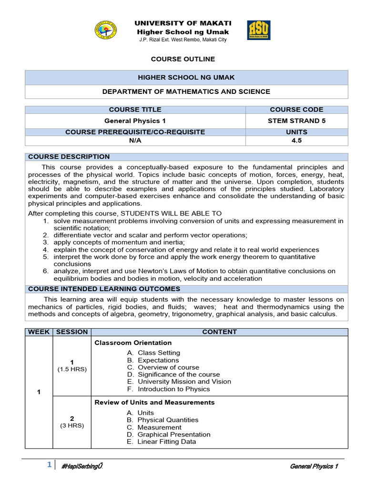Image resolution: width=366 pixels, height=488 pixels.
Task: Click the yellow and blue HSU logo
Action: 259,30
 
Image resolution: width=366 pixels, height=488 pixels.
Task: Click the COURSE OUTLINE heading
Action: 183,59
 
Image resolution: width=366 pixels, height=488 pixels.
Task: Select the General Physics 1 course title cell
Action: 135,121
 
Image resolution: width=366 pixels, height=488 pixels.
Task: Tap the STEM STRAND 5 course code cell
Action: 296,121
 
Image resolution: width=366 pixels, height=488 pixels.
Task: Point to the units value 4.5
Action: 296,141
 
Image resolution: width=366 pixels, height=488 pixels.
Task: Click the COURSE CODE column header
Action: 296,110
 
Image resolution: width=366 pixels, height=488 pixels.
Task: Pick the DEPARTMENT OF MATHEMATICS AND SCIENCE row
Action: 186,91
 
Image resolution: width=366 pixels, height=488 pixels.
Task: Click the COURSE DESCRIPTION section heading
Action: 69,157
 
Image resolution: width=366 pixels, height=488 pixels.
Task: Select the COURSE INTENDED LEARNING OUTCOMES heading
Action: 104,289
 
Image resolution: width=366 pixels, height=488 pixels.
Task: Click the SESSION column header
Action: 72,332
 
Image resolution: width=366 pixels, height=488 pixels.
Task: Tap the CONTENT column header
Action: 219,332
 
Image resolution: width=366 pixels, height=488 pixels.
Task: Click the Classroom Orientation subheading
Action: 133,343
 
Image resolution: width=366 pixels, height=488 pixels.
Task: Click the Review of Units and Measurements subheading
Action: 154,403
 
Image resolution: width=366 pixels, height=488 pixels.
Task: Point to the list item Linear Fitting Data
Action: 166,442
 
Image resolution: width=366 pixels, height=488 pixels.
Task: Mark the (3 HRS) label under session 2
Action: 72,426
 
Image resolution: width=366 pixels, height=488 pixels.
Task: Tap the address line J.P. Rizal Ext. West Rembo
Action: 183,40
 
